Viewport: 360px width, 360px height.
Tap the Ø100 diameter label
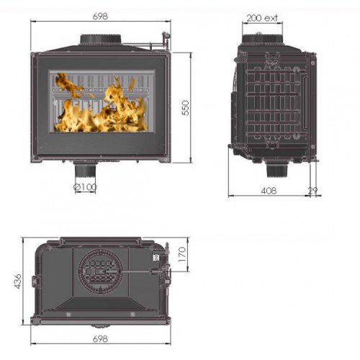[x=86, y=187]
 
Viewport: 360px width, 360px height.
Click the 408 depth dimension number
[x=268, y=192]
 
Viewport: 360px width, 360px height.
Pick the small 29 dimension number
[x=312, y=192]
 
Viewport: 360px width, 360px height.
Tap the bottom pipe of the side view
[x=276, y=170]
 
